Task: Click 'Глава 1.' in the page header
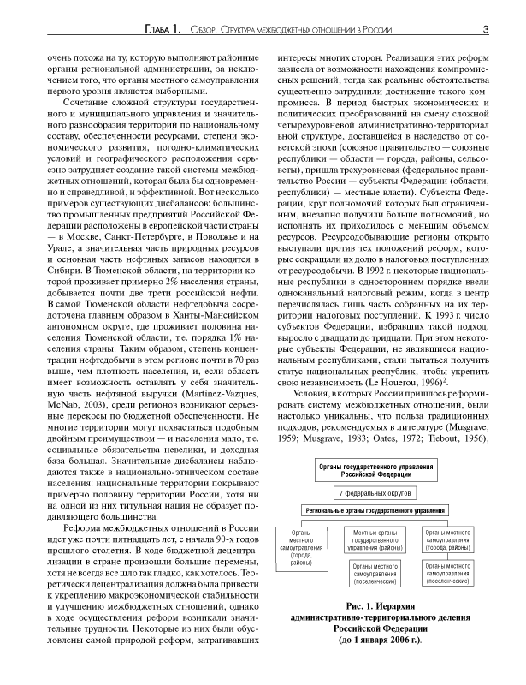click(x=163, y=31)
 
